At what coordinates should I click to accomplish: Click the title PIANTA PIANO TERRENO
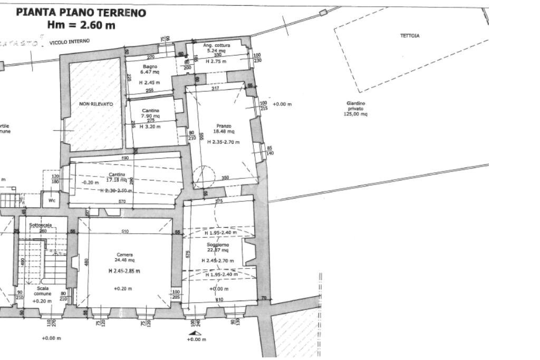(81, 12)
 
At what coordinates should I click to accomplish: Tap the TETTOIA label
(409, 36)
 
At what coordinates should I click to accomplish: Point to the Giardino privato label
(355, 109)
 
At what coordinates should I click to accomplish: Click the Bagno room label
(150, 66)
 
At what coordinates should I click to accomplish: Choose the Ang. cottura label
(217, 45)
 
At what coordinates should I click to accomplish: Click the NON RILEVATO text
(96, 104)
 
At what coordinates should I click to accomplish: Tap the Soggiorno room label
(217, 245)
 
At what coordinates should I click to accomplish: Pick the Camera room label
(125, 255)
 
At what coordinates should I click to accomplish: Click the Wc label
(52, 201)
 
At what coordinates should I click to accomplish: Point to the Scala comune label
(43, 291)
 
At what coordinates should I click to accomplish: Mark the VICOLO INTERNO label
(69, 41)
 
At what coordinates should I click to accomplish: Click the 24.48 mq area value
(125, 260)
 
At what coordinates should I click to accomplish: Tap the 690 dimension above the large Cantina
(126, 158)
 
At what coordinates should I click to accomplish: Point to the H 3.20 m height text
(150, 127)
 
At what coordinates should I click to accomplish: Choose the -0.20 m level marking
(91, 182)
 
